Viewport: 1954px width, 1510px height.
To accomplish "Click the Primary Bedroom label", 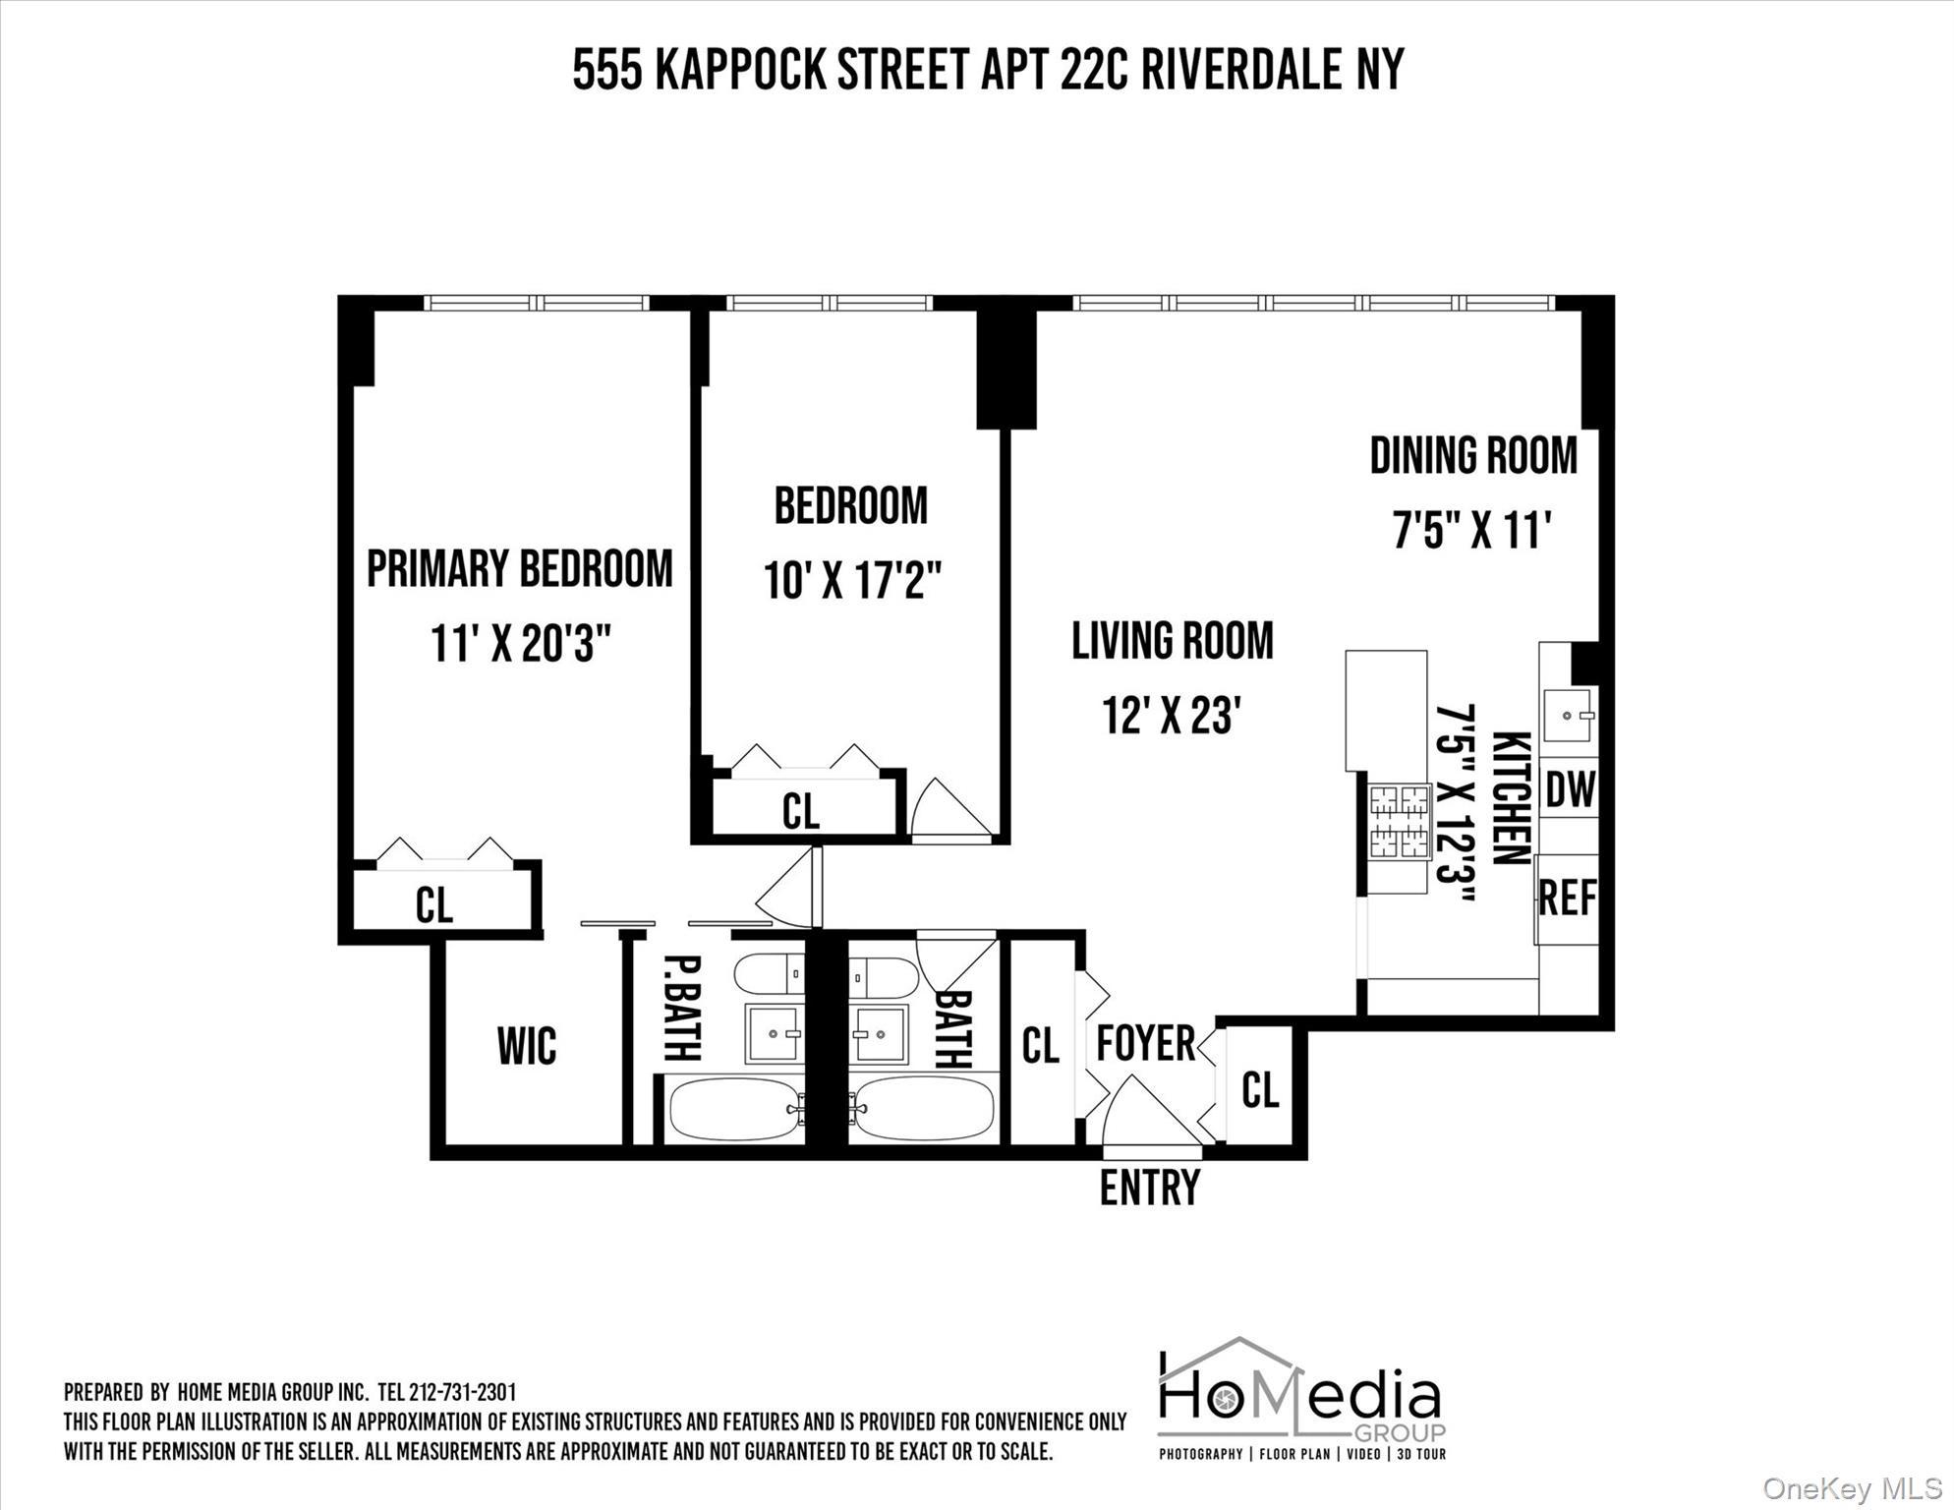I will [519, 569].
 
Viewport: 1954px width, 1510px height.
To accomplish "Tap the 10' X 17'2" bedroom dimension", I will [852, 581].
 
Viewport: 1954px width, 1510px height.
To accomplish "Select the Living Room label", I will [1172, 641].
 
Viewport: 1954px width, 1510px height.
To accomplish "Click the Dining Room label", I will [1472, 456].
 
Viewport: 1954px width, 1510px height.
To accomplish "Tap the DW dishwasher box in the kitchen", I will [1570, 789].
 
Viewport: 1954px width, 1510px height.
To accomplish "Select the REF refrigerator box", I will [1567, 898].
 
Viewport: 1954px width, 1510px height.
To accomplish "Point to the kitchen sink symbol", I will [1567, 716].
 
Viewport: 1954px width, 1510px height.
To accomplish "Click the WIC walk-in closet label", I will [527, 1046].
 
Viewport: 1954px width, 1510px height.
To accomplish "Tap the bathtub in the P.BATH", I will [733, 1110].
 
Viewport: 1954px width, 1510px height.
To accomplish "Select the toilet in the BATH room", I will [885, 978].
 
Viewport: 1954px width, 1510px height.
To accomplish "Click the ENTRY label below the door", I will [1149, 1188].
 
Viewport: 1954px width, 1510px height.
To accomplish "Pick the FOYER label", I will [1145, 1043].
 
